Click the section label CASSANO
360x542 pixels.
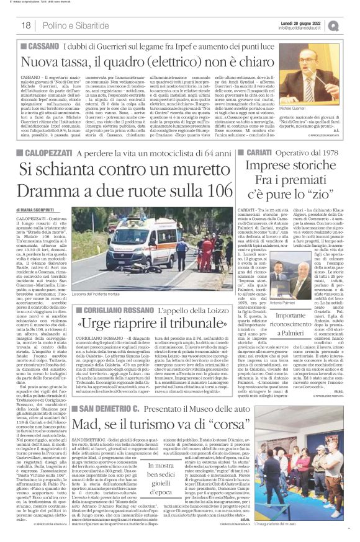(45, 47)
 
